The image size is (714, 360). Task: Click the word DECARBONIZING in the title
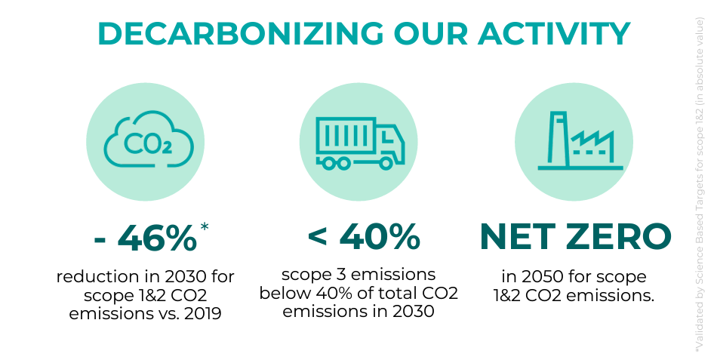241,34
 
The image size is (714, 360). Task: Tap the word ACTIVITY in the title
554,34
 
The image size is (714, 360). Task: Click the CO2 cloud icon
149,139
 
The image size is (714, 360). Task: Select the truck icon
360,144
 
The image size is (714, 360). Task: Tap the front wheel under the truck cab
386,163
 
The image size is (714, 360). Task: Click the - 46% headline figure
146,238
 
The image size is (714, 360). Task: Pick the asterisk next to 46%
205,226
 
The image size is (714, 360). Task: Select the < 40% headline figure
363,237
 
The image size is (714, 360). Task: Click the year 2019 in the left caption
202,313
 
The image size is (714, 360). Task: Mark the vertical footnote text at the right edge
700,185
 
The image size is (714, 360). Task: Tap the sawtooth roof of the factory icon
592,137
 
